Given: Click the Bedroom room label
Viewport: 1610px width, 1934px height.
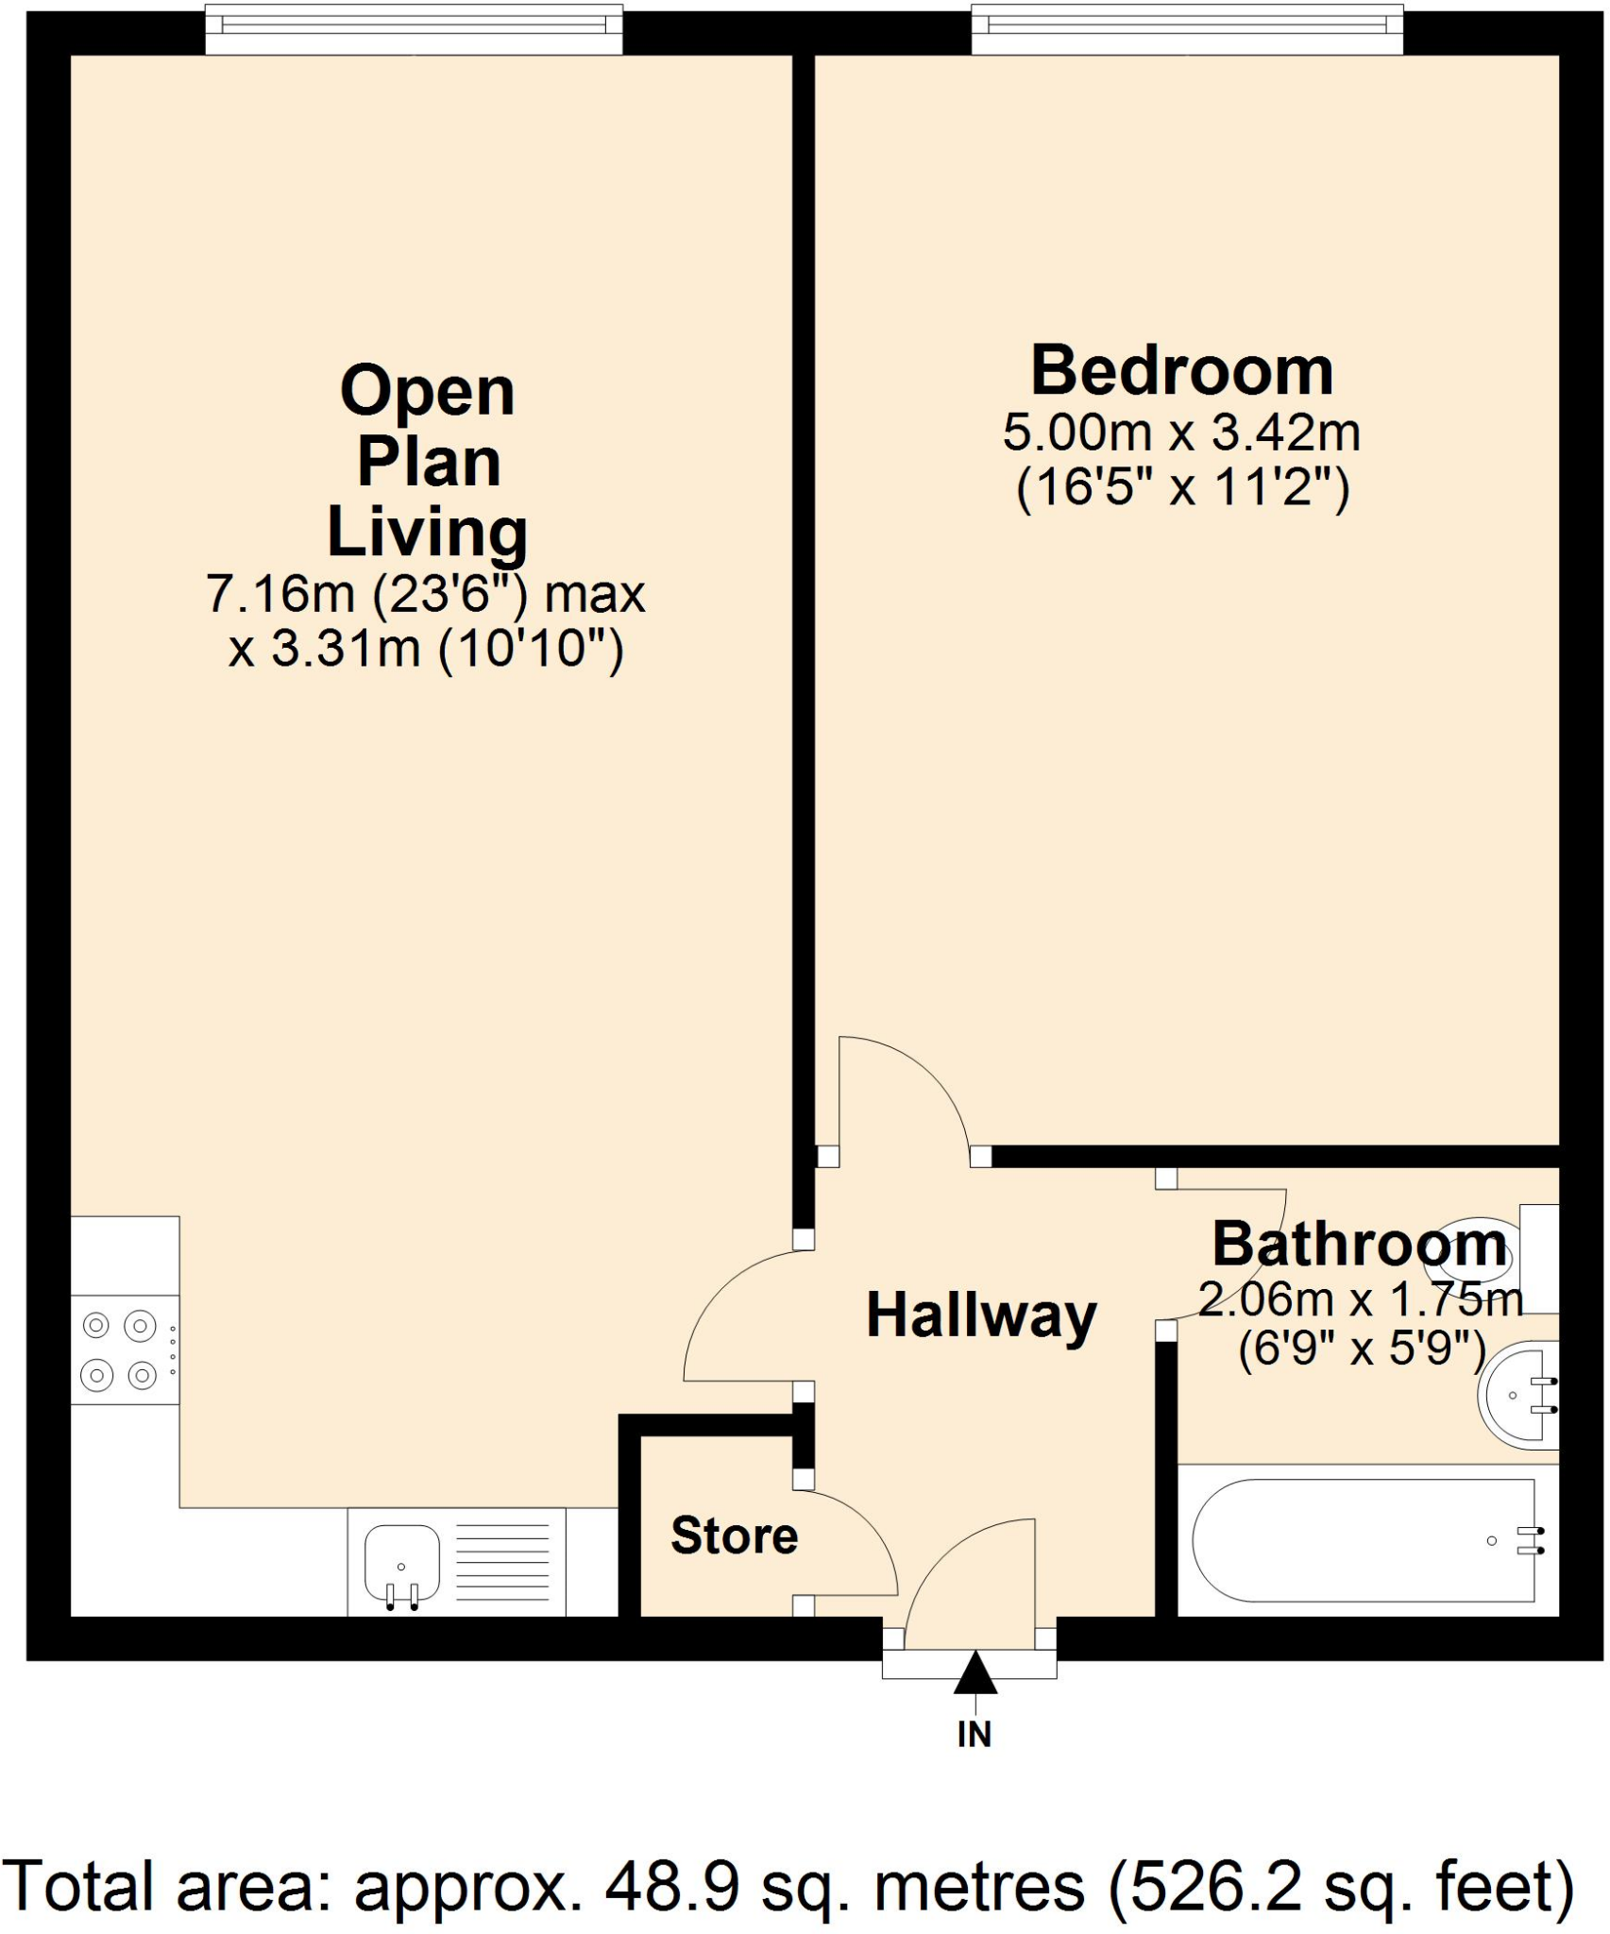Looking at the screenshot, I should coord(1181,372).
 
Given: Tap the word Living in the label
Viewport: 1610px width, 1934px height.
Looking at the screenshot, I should coord(427,534).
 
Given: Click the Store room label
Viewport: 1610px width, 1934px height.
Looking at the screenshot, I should coord(734,1536).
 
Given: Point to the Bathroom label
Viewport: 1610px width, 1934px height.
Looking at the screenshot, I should coord(1359,1246).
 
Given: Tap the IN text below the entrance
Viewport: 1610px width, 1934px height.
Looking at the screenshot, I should coord(974,1735).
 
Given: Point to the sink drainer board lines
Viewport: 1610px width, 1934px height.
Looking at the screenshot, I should coord(501,1564).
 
